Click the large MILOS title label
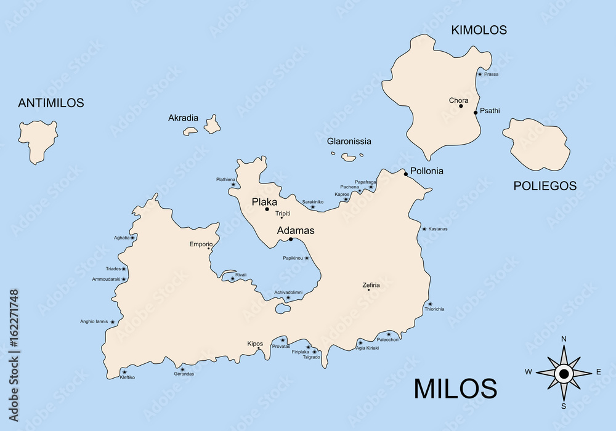455,389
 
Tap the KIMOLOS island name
479,30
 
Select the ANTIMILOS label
51,103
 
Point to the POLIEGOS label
545,185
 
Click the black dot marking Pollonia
406,174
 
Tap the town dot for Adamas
291,239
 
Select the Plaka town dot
267,209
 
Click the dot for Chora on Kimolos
461,106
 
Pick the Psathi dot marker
476,112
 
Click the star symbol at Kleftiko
124,372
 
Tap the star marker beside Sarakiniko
312,207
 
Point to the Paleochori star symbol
388,334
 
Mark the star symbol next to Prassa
480,74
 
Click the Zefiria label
371,285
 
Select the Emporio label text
201,244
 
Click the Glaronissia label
349,141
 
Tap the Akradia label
184,118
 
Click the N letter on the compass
564,339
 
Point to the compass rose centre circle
564,373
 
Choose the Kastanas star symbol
424,229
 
